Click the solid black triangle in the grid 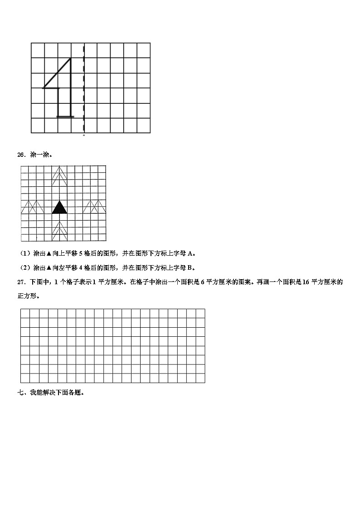coord(59,208)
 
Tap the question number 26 coord(20,155)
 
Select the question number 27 coord(20,282)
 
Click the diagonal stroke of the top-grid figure coord(57,73)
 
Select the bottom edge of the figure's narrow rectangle coord(65,116)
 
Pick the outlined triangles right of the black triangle coord(94,207)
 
